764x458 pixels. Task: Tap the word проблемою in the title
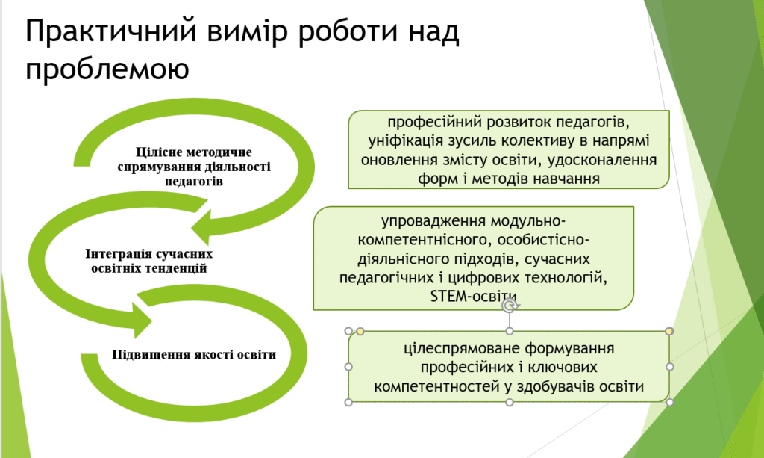point(107,69)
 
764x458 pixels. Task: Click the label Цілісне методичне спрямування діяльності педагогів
point(193,167)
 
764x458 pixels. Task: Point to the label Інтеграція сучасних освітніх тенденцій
point(149,261)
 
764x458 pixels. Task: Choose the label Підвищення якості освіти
point(194,355)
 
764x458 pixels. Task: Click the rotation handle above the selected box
point(510,306)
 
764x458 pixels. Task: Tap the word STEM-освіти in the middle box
point(474,296)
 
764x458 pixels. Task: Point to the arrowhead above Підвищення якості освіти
point(143,320)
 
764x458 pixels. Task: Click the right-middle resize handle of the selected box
point(670,367)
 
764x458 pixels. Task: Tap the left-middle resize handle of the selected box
point(348,367)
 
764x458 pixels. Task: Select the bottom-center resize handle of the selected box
point(510,403)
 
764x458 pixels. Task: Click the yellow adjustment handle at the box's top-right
point(669,331)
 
